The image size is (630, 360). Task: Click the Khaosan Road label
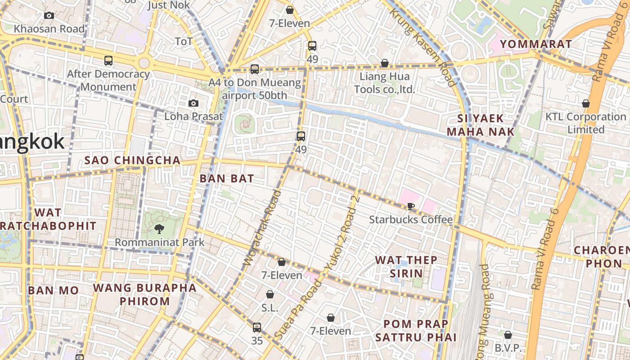pos(49,29)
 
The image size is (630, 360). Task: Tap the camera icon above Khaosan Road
pos(49,16)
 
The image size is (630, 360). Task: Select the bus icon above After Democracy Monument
pos(108,60)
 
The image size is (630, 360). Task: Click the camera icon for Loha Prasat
pos(193,103)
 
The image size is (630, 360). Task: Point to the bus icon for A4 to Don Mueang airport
pos(255,69)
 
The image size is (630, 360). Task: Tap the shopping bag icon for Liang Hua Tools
pos(384,63)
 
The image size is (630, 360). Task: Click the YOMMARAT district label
pos(536,44)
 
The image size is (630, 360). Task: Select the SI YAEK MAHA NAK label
pos(480,125)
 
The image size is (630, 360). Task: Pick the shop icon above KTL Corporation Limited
pos(585,103)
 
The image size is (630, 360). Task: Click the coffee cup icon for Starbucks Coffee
pos(410,206)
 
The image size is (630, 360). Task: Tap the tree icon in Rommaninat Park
pos(159,229)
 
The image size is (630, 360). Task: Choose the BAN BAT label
pos(227,179)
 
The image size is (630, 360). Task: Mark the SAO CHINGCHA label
pos(132,161)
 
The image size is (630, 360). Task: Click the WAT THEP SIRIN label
pos(406,266)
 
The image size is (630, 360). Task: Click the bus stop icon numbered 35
pos(256,327)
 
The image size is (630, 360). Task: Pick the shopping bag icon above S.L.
pos(270,294)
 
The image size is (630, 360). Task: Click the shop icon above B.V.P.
pos(508,335)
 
